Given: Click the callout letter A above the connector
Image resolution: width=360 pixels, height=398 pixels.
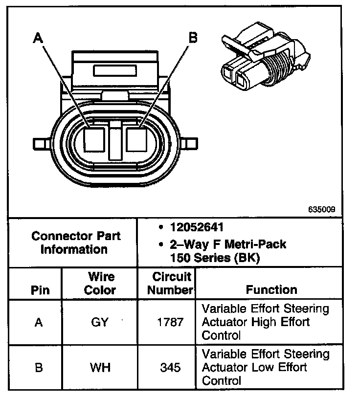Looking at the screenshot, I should (x=38, y=38).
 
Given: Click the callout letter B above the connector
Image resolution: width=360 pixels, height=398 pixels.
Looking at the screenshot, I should (x=193, y=37).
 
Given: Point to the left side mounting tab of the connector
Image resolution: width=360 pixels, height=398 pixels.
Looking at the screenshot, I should (x=42, y=145).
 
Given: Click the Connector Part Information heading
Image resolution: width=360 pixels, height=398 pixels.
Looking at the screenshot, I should (x=76, y=243).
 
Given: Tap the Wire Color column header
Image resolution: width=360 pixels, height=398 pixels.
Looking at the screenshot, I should (x=100, y=283).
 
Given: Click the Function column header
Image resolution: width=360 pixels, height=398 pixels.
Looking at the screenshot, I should (x=271, y=289).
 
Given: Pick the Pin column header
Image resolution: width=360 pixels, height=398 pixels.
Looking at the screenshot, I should (x=40, y=289).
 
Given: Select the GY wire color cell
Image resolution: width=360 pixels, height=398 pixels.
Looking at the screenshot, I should (x=100, y=322).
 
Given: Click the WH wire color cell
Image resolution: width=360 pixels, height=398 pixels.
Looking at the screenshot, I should (x=100, y=368).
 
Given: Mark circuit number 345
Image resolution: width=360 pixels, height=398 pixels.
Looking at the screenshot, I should (x=170, y=368).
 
